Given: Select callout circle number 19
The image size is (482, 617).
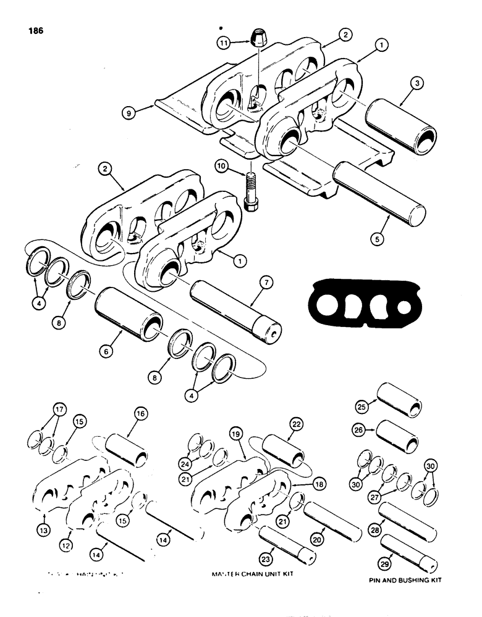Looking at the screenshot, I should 235,435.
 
